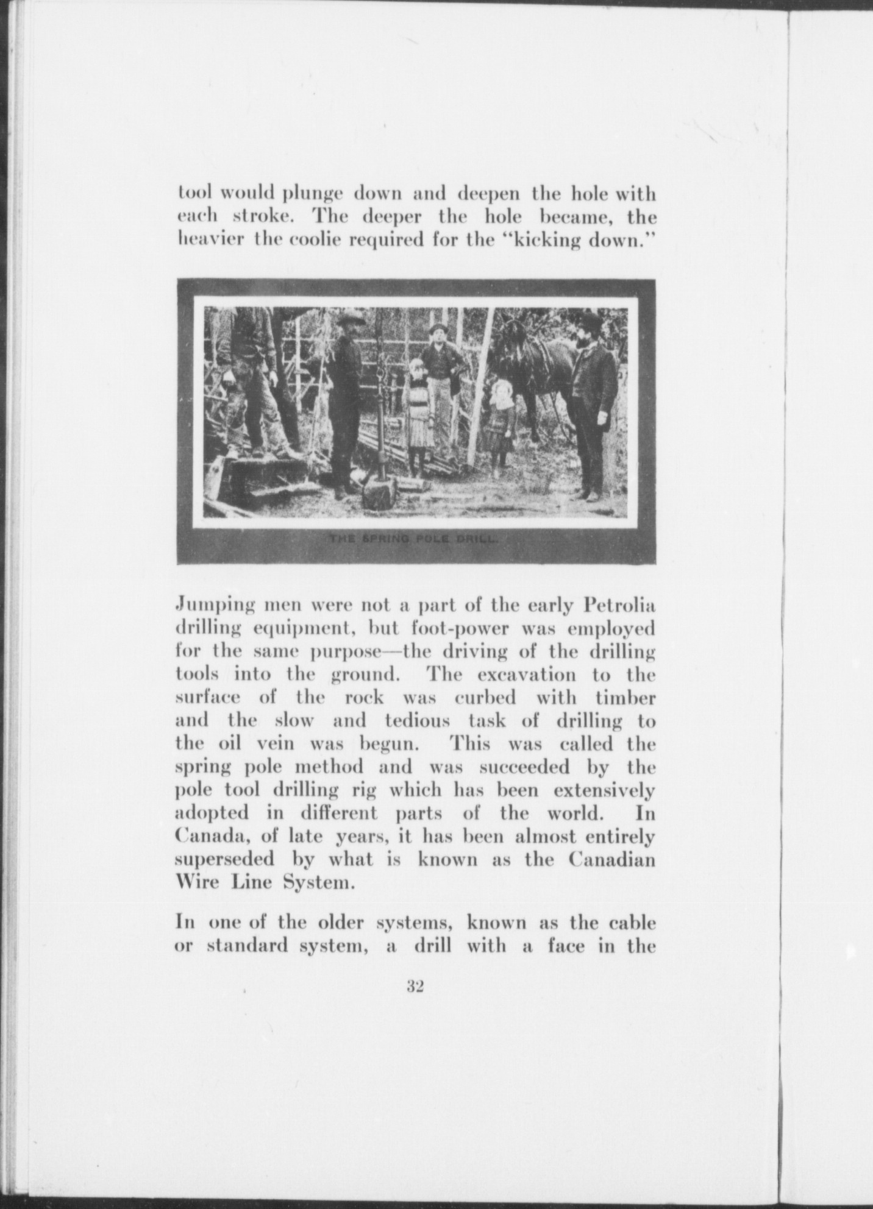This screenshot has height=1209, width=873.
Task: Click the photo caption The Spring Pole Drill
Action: (x=415, y=539)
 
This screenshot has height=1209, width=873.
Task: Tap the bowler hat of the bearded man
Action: (x=590, y=321)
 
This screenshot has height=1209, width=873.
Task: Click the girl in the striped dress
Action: (x=419, y=414)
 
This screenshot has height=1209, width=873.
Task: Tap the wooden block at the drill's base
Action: (x=379, y=491)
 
